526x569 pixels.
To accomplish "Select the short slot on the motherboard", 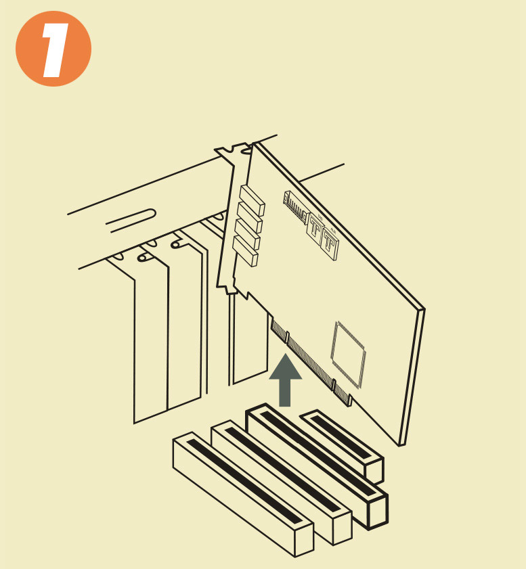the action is click(x=342, y=446).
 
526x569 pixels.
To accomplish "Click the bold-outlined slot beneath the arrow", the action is click(x=317, y=465).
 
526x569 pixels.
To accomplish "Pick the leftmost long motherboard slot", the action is click(x=243, y=493).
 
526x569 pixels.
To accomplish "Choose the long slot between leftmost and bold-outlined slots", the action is click(x=282, y=482).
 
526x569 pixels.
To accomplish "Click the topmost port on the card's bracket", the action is click(x=253, y=200).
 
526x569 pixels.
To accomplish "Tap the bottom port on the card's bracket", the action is click(x=245, y=251).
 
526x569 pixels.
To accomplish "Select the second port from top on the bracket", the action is click(x=250, y=217).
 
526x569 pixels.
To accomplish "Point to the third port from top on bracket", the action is click(x=248, y=234).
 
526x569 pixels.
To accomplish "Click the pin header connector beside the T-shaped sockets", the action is click(x=295, y=208).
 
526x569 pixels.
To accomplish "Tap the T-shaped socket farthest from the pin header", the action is click(x=330, y=243).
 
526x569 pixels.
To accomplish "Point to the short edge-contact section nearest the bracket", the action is click(x=280, y=329).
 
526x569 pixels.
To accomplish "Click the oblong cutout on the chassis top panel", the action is click(x=131, y=219).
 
